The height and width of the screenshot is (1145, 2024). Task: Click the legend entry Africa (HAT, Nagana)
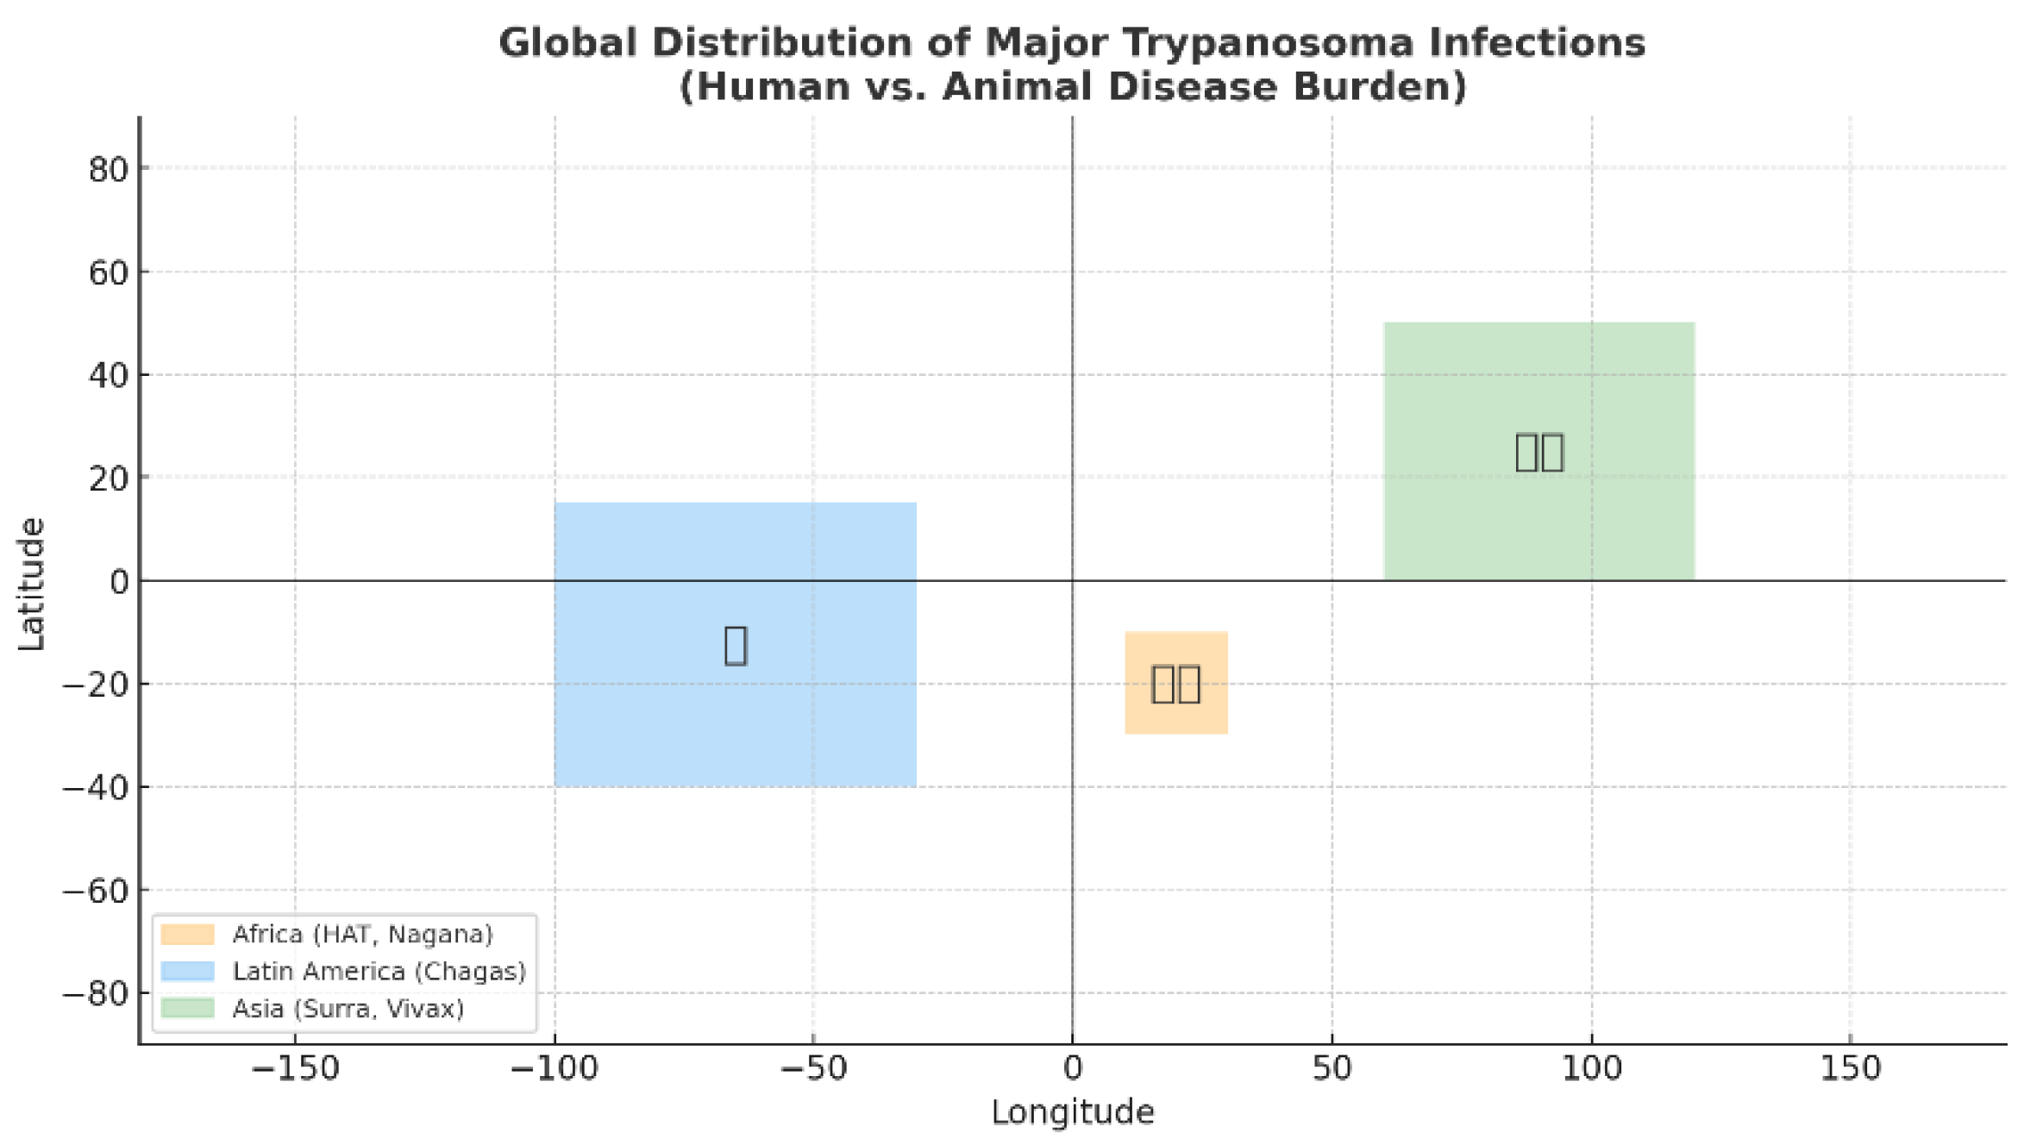click(362, 934)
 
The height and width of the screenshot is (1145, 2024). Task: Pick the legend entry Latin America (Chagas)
click(379, 971)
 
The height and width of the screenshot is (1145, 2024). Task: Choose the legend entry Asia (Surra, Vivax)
click(348, 1008)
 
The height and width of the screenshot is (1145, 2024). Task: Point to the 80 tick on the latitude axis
click(109, 170)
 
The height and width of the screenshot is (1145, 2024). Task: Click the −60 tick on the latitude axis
click(95, 891)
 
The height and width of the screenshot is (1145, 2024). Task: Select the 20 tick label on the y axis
click(109, 479)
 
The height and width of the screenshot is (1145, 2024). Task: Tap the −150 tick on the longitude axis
click(295, 1069)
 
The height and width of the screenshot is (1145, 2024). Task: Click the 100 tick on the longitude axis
click(1591, 1069)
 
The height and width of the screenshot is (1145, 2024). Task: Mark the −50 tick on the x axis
click(812, 1069)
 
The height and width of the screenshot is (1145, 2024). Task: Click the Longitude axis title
click(1072, 1112)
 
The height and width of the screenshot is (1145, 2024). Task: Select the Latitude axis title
click(31, 583)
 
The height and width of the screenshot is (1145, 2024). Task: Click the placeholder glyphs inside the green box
click(1539, 452)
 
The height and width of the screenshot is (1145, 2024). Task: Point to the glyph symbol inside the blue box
click(735, 645)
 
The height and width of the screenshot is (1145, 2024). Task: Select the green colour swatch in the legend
click(187, 1008)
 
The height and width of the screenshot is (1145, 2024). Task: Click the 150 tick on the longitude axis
click(1850, 1069)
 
